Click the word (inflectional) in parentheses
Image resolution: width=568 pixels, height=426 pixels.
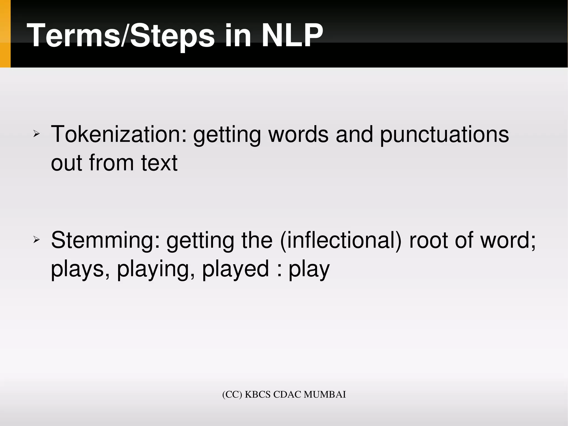pos(341,240)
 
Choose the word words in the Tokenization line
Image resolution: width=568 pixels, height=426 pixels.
pos(298,134)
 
